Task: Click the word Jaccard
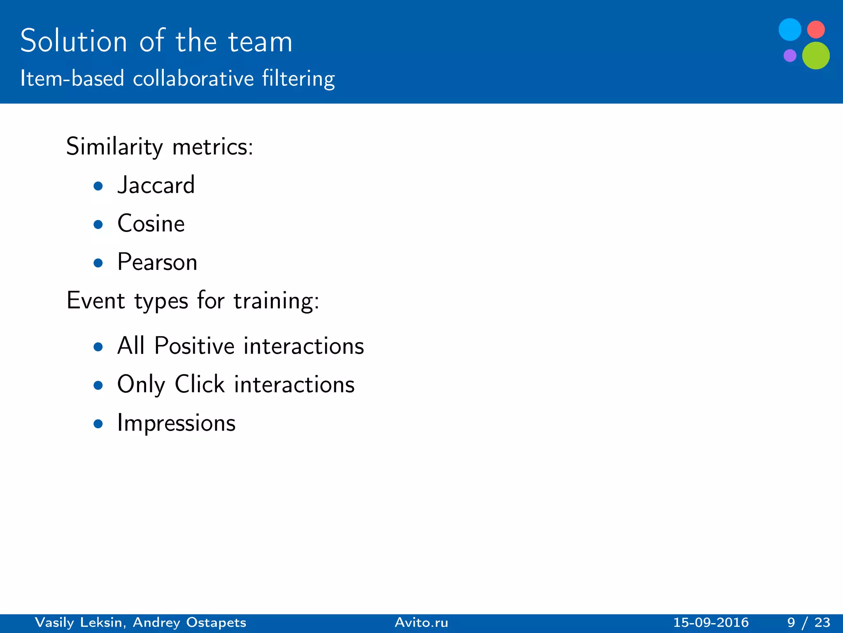(x=156, y=185)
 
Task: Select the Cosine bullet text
(x=151, y=224)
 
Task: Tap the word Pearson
(x=157, y=262)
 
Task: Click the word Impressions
(x=176, y=423)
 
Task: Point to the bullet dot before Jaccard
(x=98, y=186)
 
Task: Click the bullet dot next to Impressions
(x=98, y=424)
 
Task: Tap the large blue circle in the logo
(x=789, y=30)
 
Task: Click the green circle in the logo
(x=815, y=56)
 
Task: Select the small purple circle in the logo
(x=789, y=55)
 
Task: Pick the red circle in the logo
(x=816, y=30)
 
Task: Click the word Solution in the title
(x=74, y=42)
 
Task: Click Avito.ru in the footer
(x=421, y=622)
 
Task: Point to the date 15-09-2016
(x=711, y=622)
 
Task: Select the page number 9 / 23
(x=808, y=622)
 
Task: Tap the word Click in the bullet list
(x=200, y=384)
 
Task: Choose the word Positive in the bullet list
(x=194, y=346)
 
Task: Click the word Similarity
(x=114, y=147)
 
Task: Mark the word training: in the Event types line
(x=276, y=301)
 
